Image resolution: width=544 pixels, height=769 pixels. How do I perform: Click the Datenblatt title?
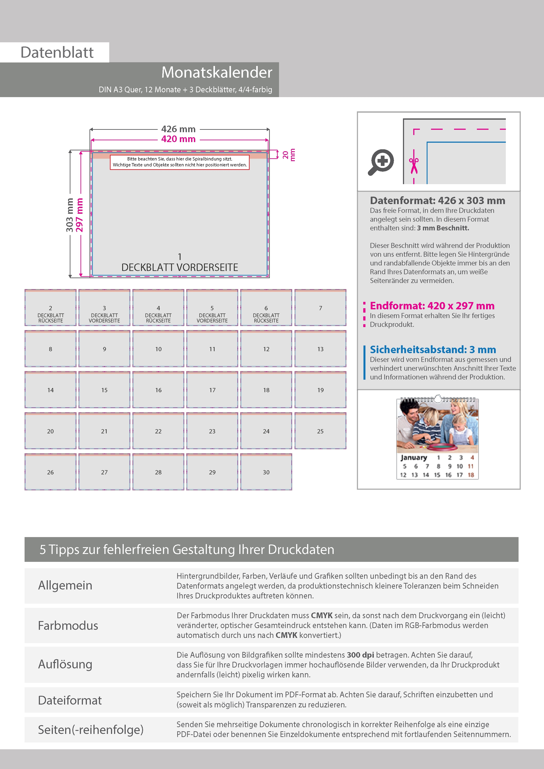click(x=57, y=53)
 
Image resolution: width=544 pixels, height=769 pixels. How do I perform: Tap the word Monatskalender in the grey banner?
click(x=217, y=72)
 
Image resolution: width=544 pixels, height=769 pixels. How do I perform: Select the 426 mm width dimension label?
click(x=178, y=129)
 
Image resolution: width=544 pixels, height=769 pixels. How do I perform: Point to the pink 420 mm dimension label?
click(x=178, y=139)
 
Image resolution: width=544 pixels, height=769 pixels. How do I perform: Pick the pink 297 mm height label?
click(x=79, y=215)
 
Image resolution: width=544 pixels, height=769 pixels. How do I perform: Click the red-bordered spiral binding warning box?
click(x=180, y=162)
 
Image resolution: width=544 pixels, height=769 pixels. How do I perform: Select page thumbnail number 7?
click(x=320, y=308)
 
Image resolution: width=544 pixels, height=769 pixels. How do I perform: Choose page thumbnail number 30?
click(x=266, y=472)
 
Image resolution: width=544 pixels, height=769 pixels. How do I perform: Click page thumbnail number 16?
click(x=158, y=390)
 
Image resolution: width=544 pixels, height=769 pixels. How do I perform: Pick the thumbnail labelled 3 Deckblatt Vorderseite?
click(x=104, y=308)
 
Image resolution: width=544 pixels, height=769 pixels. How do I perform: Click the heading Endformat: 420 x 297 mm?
click(x=432, y=306)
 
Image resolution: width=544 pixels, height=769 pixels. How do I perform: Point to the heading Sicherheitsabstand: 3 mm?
click(x=433, y=350)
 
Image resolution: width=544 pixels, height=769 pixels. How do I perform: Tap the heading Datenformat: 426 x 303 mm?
click(x=437, y=201)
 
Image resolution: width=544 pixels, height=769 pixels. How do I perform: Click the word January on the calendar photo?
click(x=414, y=457)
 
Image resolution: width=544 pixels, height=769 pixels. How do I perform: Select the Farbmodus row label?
click(x=68, y=626)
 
